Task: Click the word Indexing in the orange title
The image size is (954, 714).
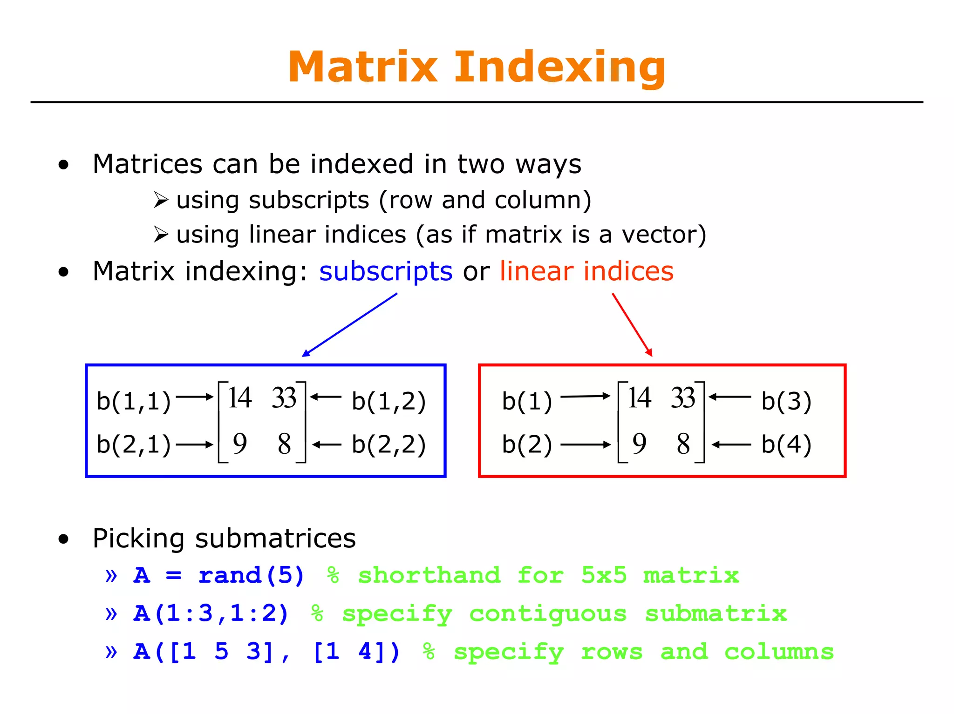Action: pyautogui.click(x=559, y=68)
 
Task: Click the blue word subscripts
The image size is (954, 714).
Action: pyautogui.click(x=385, y=271)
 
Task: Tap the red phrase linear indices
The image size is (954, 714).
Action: pyautogui.click(x=586, y=271)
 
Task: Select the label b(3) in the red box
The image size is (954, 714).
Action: pyautogui.click(x=786, y=401)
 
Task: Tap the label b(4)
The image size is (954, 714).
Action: pyautogui.click(x=786, y=444)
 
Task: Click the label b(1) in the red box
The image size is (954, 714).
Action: pyautogui.click(x=527, y=401)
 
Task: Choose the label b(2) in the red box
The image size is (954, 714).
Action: pyautogui.click(x=527, y=444)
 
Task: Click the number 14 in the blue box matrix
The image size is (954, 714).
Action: pyautogui.click(x=240, y=398)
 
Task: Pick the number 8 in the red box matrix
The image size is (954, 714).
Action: pyautogui.click(x=683, y=444)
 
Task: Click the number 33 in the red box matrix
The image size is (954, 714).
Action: pyautogui.click(x=683, y=398)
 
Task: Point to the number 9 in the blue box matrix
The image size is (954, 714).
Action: pyautogui.click(x=239, y=444)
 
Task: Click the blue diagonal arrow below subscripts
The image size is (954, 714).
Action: pyautogui.click(x=349, y=325)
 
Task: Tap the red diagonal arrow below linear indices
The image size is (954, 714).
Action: pyautogui.click(x=632, y=325)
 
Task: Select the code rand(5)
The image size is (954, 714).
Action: pyautogui.click(x=251, y=575)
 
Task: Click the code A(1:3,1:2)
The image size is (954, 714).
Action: pyautogui.click(x=211, y=613)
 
